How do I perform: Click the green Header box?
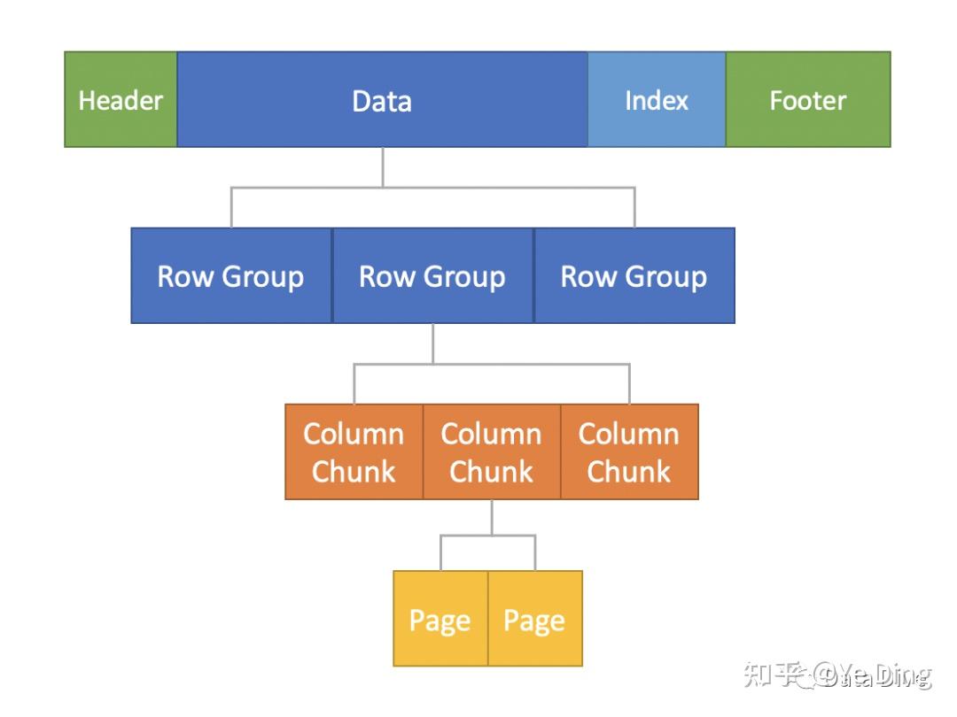tap(121, 99)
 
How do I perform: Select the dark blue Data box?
tap(382, 99)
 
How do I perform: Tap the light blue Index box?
tap(657, 99)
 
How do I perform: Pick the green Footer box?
tap(807, 99)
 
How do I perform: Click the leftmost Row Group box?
tap(231, 276)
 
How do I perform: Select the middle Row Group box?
tap(432, 276)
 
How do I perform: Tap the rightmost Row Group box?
tap(634, 276)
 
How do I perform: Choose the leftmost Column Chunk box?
tap(354, 451)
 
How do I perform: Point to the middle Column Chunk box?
tap(492, 451)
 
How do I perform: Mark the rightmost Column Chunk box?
tap(629, 451)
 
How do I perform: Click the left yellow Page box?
tap(440, 619)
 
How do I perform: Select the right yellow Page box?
tap(535, 619)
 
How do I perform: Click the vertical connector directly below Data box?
tap(383, 166)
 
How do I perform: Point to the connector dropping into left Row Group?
tap(231, 208)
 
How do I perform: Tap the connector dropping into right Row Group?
tap(634, 208)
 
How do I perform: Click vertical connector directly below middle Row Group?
tap(432, 343)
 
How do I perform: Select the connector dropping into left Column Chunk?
tap(354, 384)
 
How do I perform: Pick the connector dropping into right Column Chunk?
tap(629, 384)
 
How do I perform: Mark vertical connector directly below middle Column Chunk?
tap(492, 517)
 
